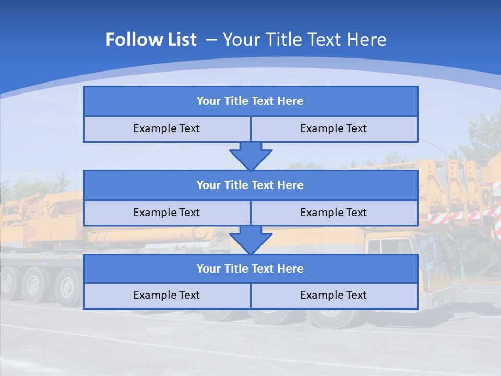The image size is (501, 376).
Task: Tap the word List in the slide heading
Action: click(x=179, y=40)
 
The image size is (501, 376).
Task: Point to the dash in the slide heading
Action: click(x=211, y=40)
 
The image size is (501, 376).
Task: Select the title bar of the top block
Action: click(x=250, y=101)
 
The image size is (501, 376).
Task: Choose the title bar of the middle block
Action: click(x=250, y=185)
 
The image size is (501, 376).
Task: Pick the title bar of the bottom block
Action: click(x=250, y=269)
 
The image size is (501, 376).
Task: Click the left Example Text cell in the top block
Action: click(x=166, y=129)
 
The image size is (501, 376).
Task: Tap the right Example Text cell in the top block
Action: click(x=333, y=129)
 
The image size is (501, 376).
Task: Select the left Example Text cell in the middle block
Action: click(x=166, y=213)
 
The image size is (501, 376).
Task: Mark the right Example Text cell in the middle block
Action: click(x=333, y=213)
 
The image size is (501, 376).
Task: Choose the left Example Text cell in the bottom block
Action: click(x=166, y=296)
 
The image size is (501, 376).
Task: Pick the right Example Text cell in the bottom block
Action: click(x=333, y=296)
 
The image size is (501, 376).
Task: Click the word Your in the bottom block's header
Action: click(x=209, y=269)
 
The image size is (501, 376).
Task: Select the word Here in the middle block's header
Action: click(x=290, y=185)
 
